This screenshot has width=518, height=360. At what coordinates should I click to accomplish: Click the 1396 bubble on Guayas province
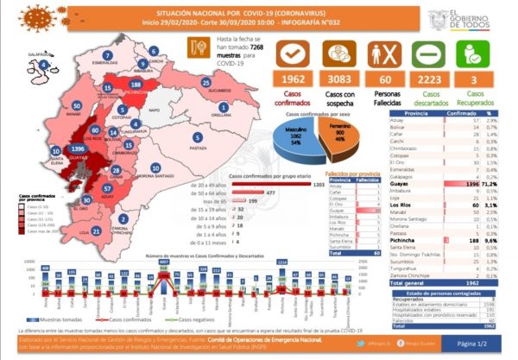click(x=79, y=149)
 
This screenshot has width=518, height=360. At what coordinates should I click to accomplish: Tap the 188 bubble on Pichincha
click(x=136, y=84)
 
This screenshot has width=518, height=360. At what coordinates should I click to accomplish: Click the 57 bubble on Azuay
click(x=106, y=186)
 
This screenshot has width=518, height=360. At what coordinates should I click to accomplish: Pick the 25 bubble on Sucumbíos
click(x=206, y=83)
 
